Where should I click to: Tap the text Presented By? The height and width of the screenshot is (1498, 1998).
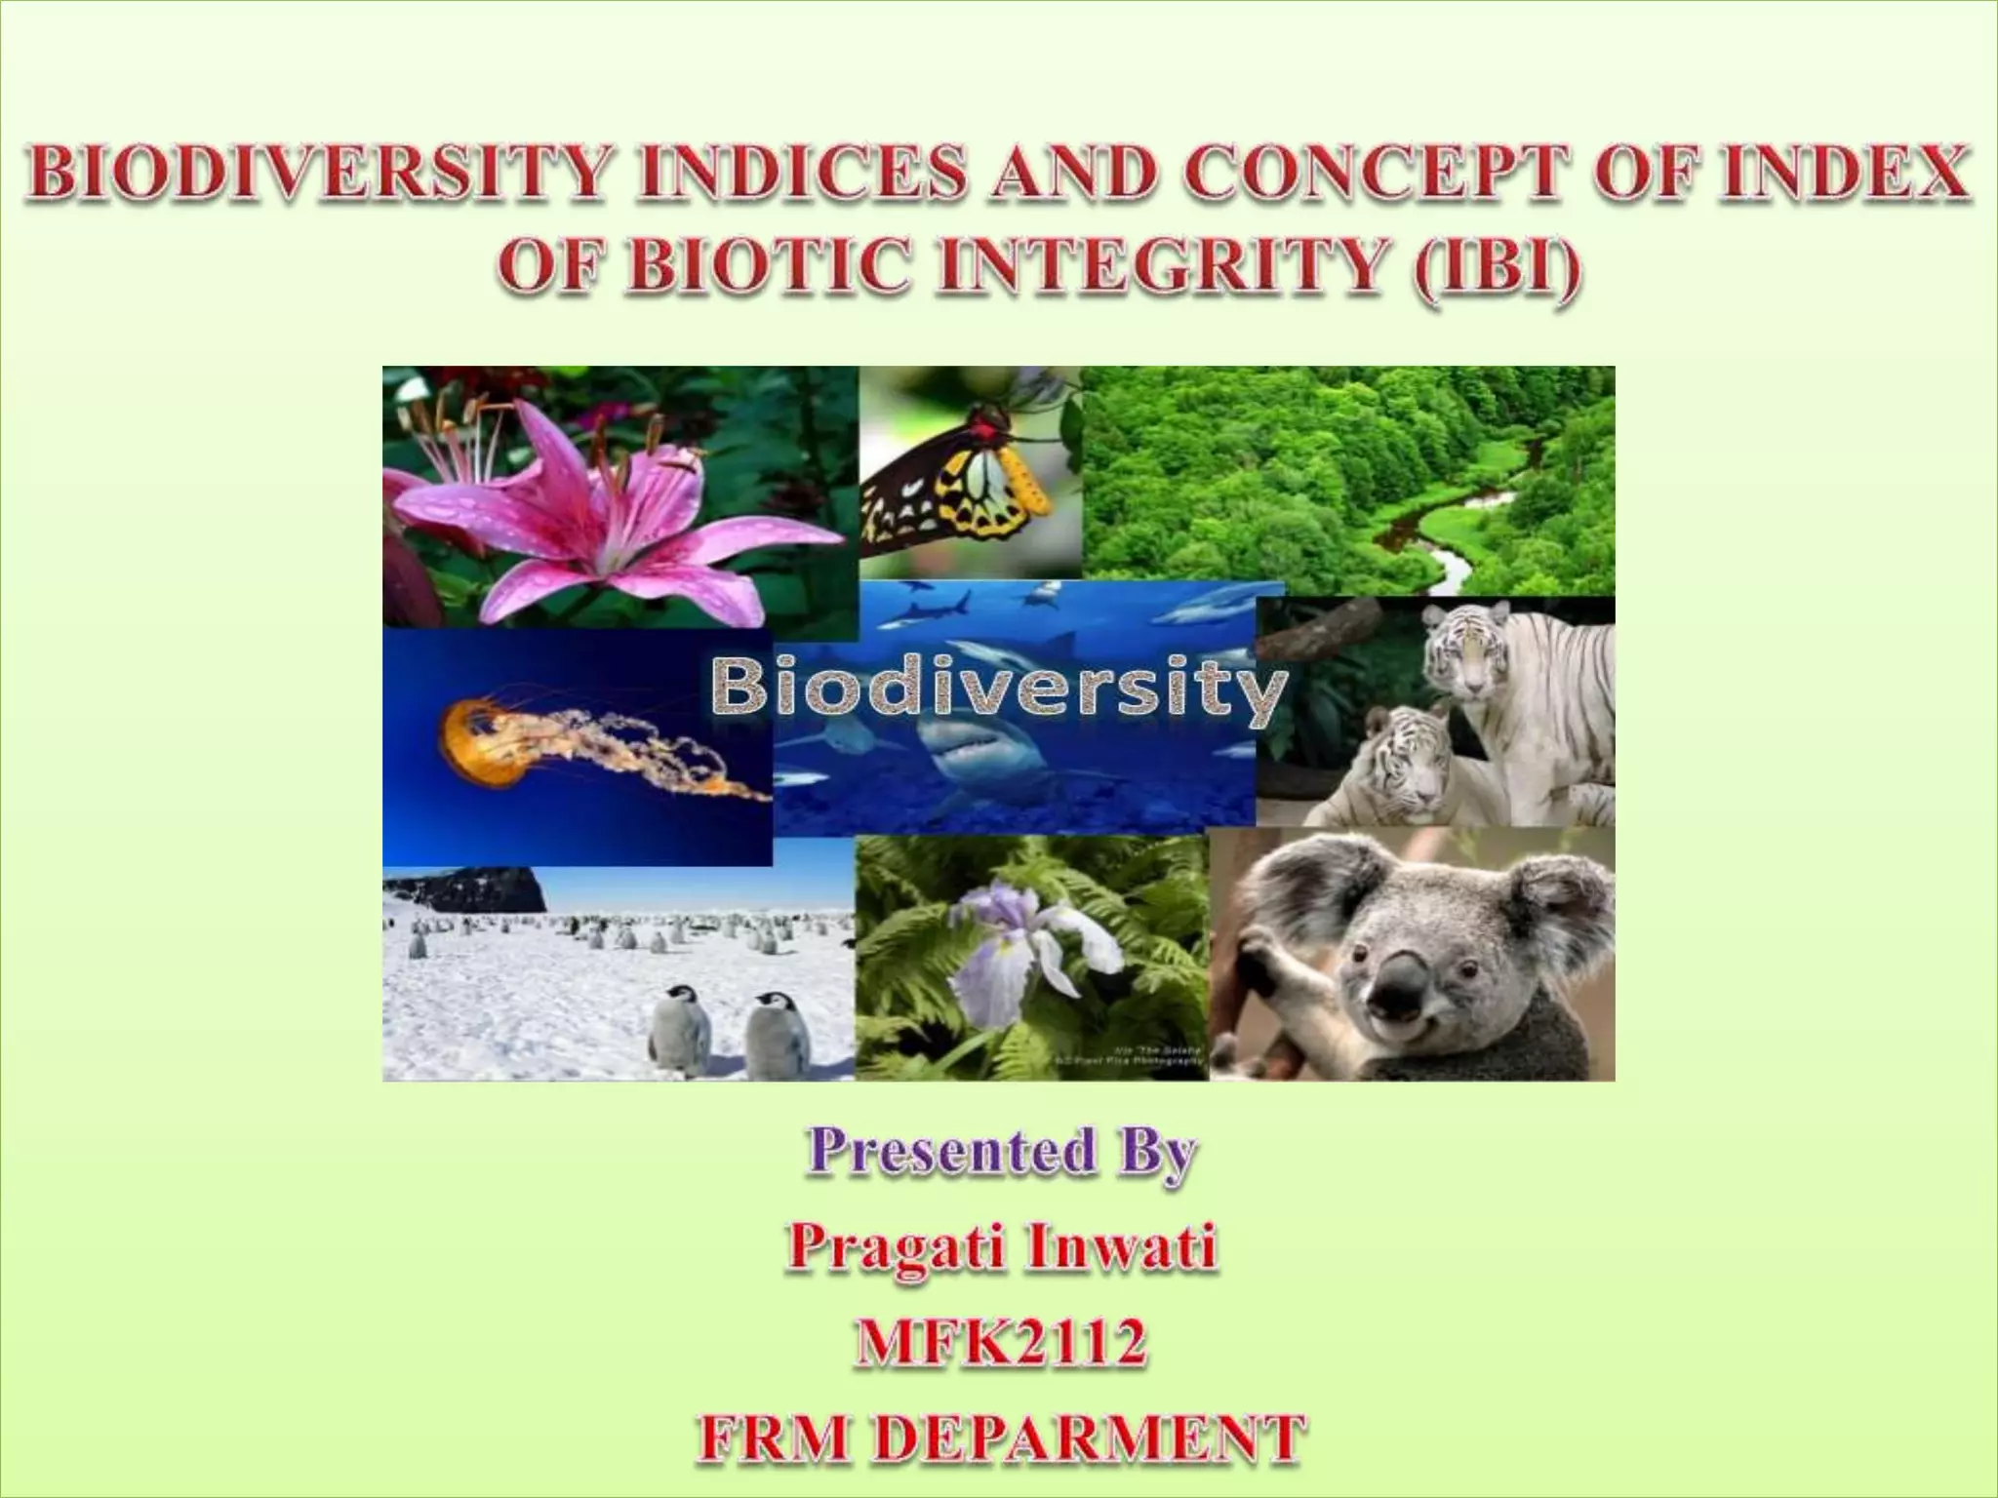tap(1001, 1154)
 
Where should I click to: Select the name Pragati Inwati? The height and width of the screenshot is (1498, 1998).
tap(1001, 1247)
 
